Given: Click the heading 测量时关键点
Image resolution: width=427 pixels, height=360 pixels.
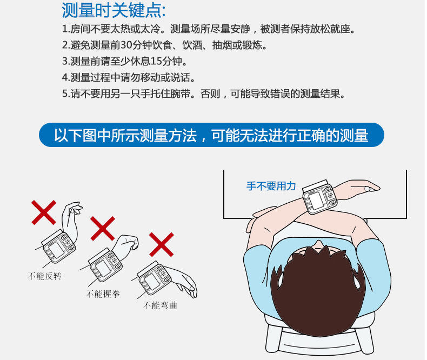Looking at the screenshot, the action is click(x=114, y=10).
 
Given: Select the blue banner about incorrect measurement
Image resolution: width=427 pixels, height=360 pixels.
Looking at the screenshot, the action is click(x=211, y=135).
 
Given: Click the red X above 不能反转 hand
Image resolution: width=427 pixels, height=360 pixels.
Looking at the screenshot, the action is click(x=44, y=212).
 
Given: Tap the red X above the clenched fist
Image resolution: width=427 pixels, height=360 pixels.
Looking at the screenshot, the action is click(x=103, y=229).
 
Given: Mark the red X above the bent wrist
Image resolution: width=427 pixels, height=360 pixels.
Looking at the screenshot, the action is click(x=162, y=244).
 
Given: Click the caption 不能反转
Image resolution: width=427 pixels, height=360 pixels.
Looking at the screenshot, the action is click(x=45, y=276).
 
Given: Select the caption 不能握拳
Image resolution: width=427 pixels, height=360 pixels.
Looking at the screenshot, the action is click(x=103, y=294).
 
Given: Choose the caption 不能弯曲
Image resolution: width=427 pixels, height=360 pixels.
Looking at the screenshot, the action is click(x=160, y=305).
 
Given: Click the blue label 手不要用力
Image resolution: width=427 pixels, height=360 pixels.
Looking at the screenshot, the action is click(x=271, y=186).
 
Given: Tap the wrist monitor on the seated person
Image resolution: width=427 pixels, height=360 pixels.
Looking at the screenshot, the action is click(x=319, y=197).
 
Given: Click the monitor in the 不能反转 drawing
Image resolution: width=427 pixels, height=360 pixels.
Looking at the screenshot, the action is click(x=58, y=247).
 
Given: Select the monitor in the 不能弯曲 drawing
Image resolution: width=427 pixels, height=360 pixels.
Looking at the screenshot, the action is click(x=155, y=278).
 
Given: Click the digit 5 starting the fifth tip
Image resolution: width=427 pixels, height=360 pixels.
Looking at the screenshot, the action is click(x=65, y=94).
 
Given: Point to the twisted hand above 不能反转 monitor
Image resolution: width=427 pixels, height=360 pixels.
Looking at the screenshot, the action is click(x=71, y=218).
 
